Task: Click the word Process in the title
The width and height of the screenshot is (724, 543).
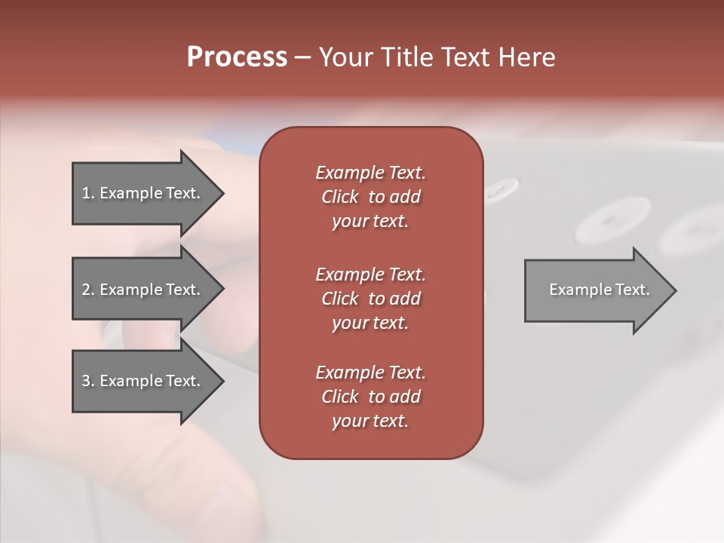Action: point(237,57)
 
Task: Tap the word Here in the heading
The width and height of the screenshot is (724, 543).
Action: point(526,57)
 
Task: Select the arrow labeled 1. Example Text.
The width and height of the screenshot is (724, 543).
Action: point(143,193)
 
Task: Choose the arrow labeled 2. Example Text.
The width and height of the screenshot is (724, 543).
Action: point(143,290)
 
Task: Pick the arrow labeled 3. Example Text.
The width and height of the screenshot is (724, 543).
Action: point(143,381)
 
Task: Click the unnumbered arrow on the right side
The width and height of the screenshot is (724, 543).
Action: point(596,290)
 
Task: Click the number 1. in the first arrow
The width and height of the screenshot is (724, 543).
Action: point(88,193)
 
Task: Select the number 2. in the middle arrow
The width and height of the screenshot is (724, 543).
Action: point(88,290)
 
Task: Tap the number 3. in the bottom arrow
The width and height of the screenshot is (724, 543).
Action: point(88,381)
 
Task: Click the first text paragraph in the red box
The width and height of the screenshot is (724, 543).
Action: point(370,197)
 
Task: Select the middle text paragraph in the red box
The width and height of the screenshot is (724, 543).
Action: point(370,299)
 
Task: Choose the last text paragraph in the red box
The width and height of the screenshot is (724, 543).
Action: point(370,397)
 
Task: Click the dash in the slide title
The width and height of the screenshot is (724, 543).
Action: point(303,58)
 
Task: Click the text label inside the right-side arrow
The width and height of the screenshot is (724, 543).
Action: point(600,290)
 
